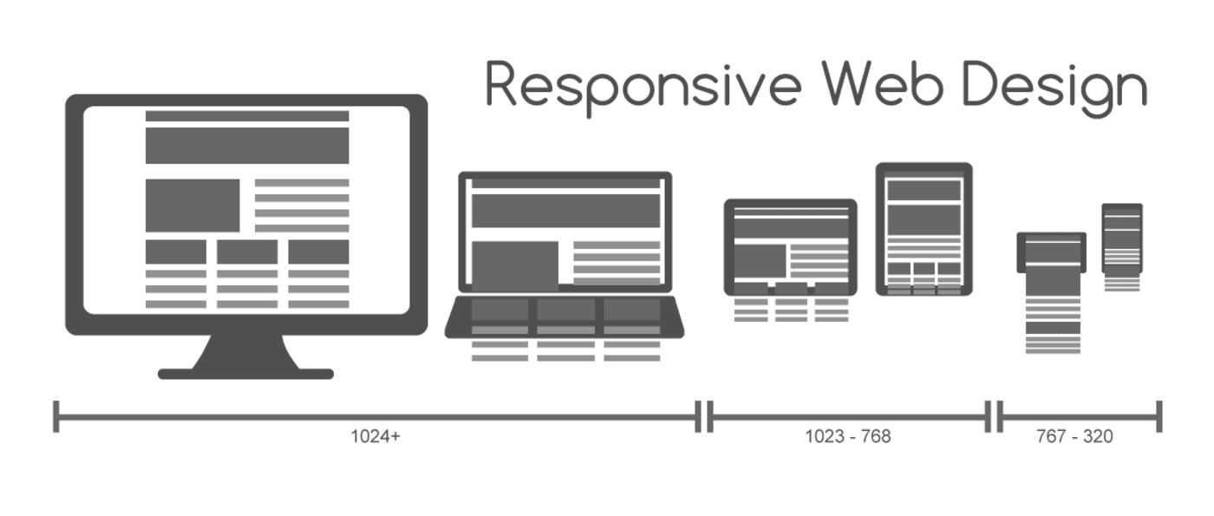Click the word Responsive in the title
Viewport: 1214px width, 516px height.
tap(643, 87)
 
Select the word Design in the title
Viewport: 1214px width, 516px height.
tap(1054, 88)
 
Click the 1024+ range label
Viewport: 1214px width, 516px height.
tap(375, 436)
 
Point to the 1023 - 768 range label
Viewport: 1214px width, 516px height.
tap(848, 436)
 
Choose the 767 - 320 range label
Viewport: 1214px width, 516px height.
tap(1074, 436)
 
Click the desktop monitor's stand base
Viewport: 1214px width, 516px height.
tap(245, 374)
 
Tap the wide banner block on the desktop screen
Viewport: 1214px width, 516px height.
tap(247, 146)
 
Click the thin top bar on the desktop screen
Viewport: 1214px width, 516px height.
tap(247, 116)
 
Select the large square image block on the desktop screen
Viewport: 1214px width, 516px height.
tap(193, 206)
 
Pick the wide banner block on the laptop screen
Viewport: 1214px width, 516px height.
tap(565, 211)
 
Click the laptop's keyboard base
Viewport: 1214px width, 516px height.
tap(565, 317)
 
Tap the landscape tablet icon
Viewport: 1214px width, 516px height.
tap(790, 248)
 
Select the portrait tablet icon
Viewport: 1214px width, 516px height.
tap(924, 229)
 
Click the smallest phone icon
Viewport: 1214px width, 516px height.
tap(1122, 238)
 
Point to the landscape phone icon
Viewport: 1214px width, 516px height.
tap(1051, 252)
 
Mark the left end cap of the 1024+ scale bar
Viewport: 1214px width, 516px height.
tap(55, 417)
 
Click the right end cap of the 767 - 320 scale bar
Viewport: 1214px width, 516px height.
tap(1159, 417)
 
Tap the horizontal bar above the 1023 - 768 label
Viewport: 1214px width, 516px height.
tap(849, 417)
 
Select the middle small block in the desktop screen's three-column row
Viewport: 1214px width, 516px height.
tap(247, 252)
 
